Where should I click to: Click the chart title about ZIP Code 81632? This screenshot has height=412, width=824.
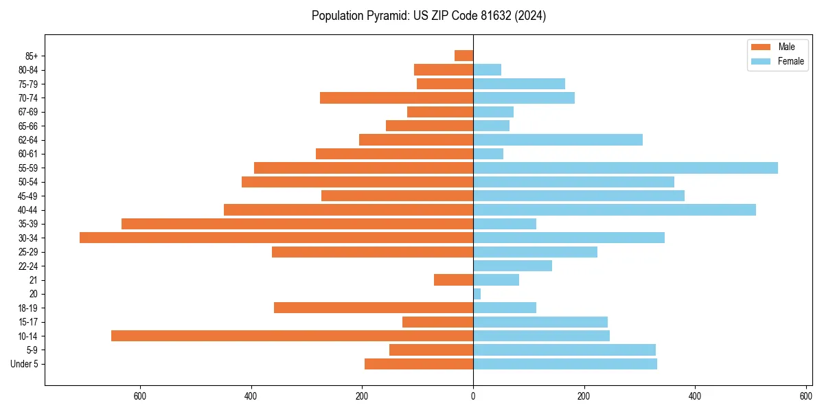[428, 16]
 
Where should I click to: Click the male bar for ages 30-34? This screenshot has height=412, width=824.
[276, 238]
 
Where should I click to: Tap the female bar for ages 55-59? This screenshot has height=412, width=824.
[626, 168]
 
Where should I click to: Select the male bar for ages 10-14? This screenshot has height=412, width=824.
[292, 336]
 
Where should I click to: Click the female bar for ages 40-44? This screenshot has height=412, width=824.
[615, 209]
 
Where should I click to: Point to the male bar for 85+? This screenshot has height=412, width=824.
[463, 56]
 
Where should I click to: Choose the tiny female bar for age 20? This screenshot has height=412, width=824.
[477, 294]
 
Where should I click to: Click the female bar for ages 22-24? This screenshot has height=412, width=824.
[512, 266]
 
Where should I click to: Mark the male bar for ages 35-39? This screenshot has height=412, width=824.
[297, 224]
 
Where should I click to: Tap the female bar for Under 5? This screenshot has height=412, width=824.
[565, 364]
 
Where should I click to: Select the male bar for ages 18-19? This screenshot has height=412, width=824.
[374, 308]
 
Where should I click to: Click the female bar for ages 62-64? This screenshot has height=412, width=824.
[558, 139]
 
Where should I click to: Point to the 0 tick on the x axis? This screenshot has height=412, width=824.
[473, 396]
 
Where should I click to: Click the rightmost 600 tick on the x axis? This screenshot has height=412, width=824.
[806, 396]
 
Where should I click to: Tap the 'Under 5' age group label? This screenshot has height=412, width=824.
[24, 364]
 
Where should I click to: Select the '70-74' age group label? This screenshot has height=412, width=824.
[28, 98]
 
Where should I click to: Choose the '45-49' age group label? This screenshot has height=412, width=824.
[28, 196]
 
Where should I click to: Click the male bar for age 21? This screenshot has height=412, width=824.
[453, 279]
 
